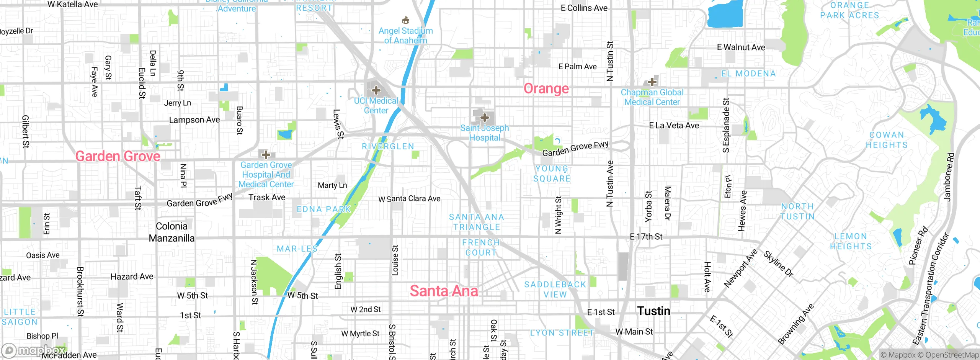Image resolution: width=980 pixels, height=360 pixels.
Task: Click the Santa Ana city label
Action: click(x=444, y=291)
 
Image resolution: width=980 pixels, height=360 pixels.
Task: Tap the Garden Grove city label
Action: click(x=118, y=156)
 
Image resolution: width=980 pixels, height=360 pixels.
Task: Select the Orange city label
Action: click(x=546, y=88)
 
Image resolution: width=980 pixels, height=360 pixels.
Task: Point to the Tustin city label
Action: click(x=653, y=311)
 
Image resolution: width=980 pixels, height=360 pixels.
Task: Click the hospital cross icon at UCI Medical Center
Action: click(x=376, y=90)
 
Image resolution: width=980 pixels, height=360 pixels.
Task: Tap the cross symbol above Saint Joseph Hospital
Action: click(x=484, y=117)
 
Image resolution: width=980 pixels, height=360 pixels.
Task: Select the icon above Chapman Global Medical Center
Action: click(x=652, y=82)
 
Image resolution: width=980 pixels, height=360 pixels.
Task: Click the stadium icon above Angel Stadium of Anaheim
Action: click(x=406, y=20)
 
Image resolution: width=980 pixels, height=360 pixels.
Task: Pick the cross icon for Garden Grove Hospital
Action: click(x=266, y=155)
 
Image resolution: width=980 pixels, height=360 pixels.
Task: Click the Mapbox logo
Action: click(x=34, y=350)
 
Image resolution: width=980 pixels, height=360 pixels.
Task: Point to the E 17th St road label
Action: click(x=646, y=237)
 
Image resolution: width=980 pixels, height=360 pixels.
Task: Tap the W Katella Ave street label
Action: click(x=72, y=5)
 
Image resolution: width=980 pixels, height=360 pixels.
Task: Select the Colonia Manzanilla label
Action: click(x=171, y=232)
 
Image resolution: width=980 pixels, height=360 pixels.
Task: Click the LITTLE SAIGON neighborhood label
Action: click(x=20, y=317)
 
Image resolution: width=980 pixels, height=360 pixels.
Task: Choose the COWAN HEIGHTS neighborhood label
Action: click(x=887, y=140)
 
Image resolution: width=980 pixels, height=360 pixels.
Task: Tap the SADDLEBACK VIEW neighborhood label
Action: click(x=555, y=290)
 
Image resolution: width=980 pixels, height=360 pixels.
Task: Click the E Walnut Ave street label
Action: click(x=741, y=47)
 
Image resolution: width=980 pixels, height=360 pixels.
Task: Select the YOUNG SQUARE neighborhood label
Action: click(x=552, y=173)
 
